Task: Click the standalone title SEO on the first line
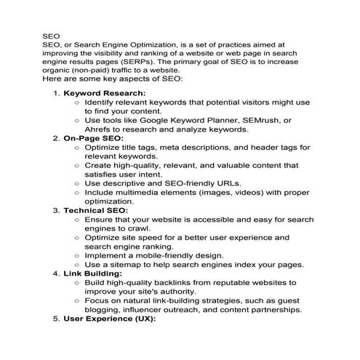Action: click(51, 33)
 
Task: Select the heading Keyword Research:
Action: click(105, 93)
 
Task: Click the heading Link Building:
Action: click(96, 273)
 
